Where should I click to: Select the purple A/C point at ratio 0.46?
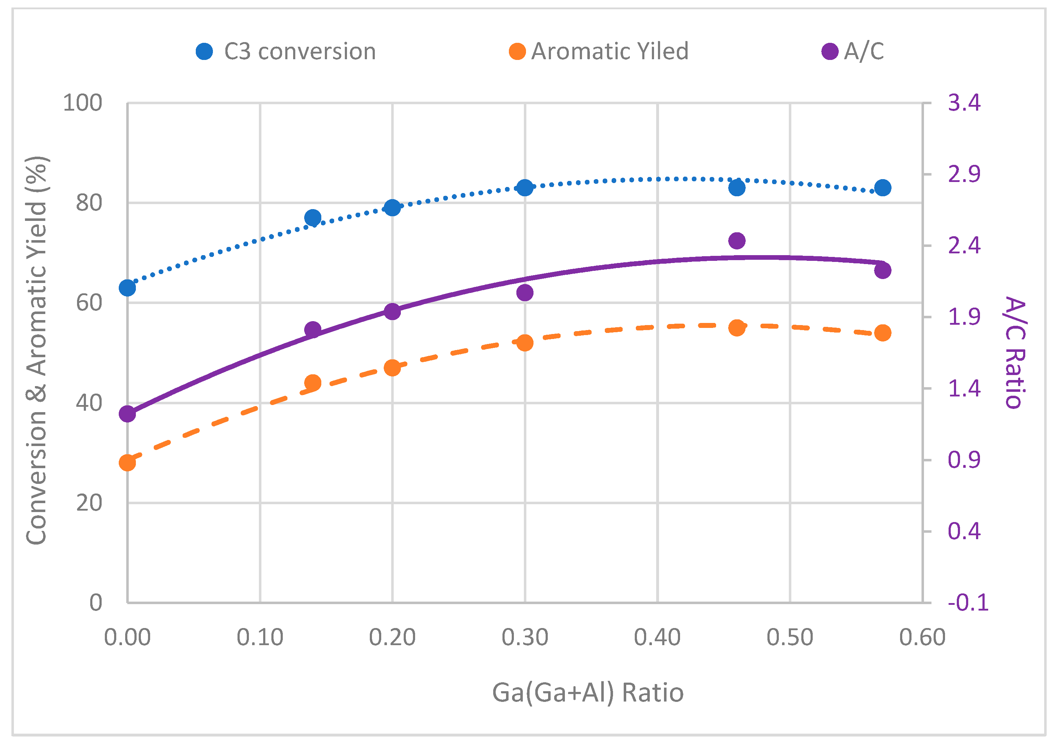click(x=737, y=241)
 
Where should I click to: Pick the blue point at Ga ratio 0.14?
click(x=313, y=217)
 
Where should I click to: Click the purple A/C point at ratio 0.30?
click(x=525, y=293)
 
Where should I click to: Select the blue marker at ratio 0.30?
click(x=525, y=187)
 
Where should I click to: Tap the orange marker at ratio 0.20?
click(x=392, y=368)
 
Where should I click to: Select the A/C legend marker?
click(x=829, y=51)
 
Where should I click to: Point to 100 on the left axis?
click(x=82, y=103)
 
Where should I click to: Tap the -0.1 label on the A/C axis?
click(x=968, y=603)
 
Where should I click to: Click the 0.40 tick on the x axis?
click(x=657, y=638)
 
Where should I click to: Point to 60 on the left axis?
click(x=89, y=303)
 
